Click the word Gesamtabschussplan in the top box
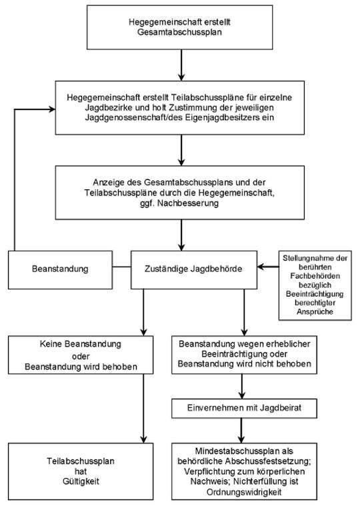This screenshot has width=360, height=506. pyautogui.click(x=179, y=32)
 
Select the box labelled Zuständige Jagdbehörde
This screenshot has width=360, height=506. pyautogui.click(x=194, y=270)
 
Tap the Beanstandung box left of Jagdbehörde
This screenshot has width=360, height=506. pyautogui.click(x=60, y=270)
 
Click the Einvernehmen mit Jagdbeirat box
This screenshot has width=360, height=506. pyautogui.click(x=244, y=408)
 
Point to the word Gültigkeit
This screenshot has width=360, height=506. pyautogui.click(x=81, y=481)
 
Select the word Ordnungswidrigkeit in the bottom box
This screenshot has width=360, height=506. pyautogui.click(x=244, y=492)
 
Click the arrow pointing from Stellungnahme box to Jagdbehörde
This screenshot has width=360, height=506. pyautogui.click(x=268, y=267)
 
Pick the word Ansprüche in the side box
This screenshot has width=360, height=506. pyautogui.click(x=315, y=312)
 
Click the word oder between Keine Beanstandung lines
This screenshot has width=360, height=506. pyautogui.click(x=81, y=356)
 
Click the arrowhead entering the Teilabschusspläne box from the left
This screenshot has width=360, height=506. pyautogui.click(x=52, y=109)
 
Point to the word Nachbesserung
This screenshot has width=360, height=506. pyautogui.click(x=188, y=203)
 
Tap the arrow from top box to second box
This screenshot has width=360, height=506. pyautogui.click(x=181, y=65)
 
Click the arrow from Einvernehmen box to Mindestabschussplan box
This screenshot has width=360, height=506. pyautogui.click(x=241, y=431)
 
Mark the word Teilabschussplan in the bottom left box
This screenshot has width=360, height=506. pyautogui.click(x=81, y=461)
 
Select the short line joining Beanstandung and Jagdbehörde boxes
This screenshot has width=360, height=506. pyautogui.click(x=121, y=267)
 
